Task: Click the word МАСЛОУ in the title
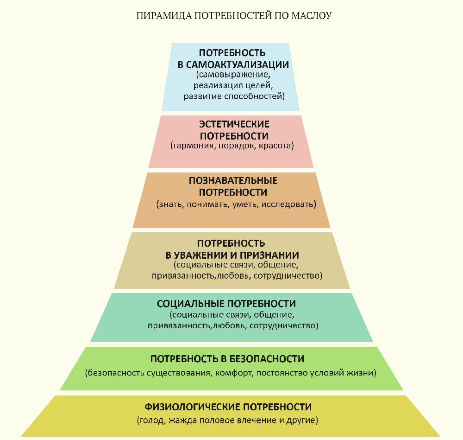(x=312, y=15)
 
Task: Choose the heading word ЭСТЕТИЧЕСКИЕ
(x=234, y=124)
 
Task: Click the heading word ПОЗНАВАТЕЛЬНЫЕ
(x=233, y=180)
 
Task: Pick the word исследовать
(x=288, y=204)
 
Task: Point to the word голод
(x=150, y=421)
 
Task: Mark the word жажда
(x=181, y=421)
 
